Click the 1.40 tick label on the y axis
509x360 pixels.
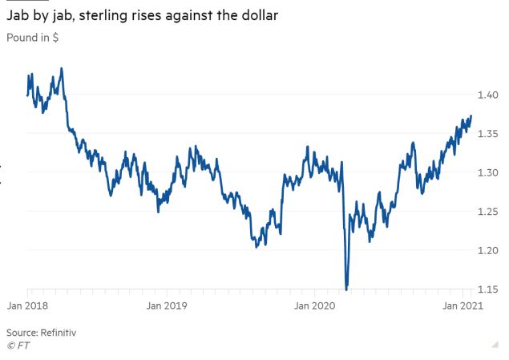pos(489,95)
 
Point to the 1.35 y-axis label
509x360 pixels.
pos(489,134)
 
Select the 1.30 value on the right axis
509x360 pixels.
pos(489,172)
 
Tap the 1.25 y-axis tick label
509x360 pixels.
pos(489,212)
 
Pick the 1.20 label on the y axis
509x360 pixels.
pos(489,250)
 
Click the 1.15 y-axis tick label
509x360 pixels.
pos(489,289)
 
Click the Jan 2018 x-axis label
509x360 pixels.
pos(28,305)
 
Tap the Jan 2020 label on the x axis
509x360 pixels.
pos(313,305)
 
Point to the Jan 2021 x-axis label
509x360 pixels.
pos(463,305)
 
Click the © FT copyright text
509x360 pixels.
pos(18,346)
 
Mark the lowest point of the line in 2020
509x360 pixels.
pos(346,289)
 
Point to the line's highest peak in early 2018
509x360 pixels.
pos(62,69)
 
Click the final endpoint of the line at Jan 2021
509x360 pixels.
pos(471,116)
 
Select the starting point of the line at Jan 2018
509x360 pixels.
pos(27,95)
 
